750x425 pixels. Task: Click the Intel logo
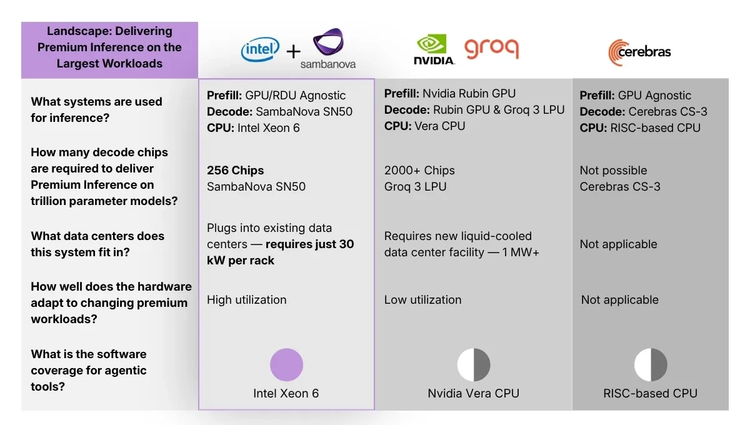tap(260, 50)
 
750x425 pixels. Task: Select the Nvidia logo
tap(434, 49)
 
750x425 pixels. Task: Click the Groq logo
tap(491, 49)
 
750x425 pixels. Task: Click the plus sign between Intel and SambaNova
tap(293, 51)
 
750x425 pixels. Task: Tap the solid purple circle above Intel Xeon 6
tap(286, 365)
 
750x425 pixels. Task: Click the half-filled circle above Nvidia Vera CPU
tap(473, 365)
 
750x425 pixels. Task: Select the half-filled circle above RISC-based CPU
tap(650, 365)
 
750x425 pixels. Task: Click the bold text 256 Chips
tap(236, 170)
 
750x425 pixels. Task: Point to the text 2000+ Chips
tap(419, 170)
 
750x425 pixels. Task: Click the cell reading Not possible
tap(613, 170)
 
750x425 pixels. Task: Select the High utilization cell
tap(246, 299)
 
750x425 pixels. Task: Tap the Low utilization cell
tap(422, 299)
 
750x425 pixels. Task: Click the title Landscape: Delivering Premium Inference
tap(109, 47)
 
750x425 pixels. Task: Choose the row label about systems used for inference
tap(96, 109)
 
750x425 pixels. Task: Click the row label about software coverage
tap(89, 370)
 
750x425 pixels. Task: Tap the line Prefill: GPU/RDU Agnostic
tap(276, 95)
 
